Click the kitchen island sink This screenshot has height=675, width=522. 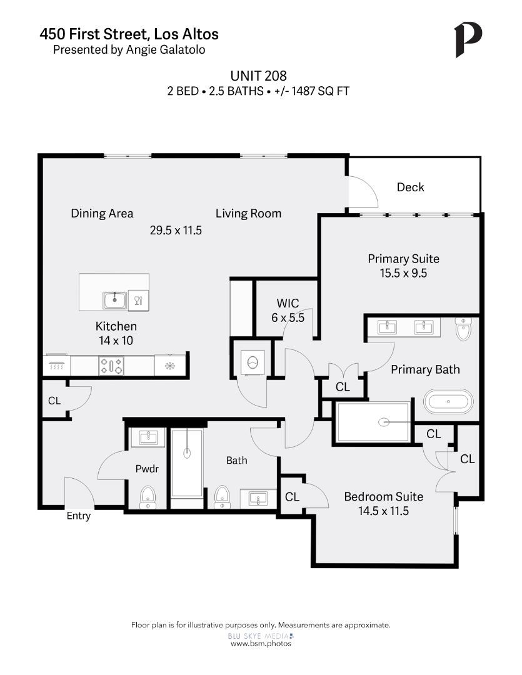point(115,300)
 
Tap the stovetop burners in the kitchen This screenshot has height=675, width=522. point(111,366)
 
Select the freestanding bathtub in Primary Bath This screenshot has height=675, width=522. point(448,402)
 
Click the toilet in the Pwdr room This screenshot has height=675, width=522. point(148,496)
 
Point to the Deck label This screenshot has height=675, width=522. point(410,187)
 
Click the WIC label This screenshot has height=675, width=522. point(288,304)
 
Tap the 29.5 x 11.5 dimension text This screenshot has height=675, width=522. point(176,230)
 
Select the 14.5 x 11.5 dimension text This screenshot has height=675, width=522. point(383,511)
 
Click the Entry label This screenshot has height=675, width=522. point(79,516)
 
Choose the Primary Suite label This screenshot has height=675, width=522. point(403,259)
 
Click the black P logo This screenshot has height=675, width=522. point(468,39)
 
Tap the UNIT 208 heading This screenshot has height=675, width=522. point(258,76)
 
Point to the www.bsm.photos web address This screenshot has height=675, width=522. point(261,643)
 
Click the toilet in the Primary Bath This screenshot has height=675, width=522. point(463,330)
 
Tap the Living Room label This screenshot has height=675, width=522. point(248,213)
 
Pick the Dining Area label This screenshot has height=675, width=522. point(102,213)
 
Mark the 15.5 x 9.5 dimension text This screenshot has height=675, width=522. point(403,272)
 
